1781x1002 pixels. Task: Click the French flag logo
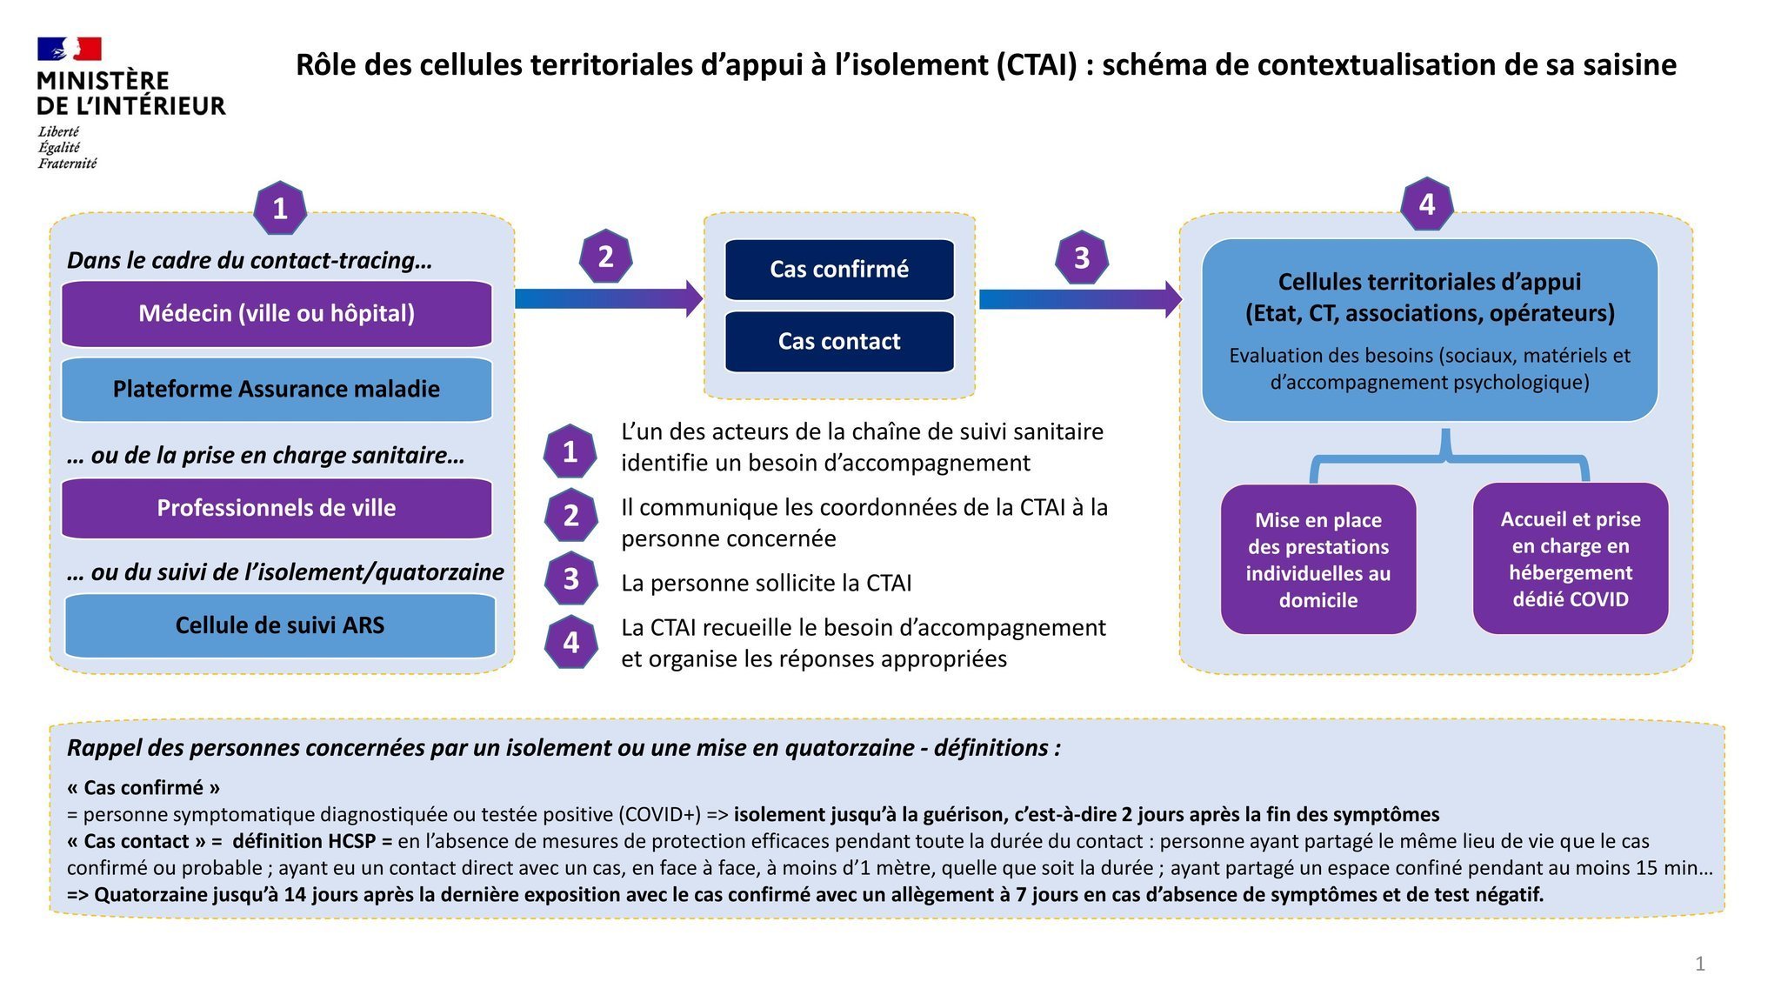[x=70, y=49]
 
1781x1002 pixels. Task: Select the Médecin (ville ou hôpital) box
[x=277, y=313]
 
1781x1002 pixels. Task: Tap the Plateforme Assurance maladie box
[x=277, y=389]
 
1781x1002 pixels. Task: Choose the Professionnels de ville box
[x=277, y=508]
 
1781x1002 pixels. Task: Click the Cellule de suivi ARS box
[x=280, y=625]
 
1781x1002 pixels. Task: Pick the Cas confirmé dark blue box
[x=839, y=270]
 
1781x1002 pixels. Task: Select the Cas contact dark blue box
[x=839, y=341]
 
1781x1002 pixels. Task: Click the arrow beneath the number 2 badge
[x=609, y=298]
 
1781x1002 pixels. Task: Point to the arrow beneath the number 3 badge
[x=1081, y=299]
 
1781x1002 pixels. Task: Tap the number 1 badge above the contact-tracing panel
[x=280, y=208]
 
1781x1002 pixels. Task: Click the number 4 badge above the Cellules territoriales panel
[x=1427, y=204]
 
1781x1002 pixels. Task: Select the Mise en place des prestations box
[x=1318, y=559]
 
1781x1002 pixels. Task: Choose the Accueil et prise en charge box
[x=1571, y=558]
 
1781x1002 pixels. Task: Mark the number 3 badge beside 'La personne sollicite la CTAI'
[x=570, y=578]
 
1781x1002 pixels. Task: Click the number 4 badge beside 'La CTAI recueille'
[x=570, y=642]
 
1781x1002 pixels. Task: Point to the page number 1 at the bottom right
[x=1700, y=964]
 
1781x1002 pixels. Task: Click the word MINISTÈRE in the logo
[x=103, y=81]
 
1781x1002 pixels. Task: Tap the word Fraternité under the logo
[x=67, y=164]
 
